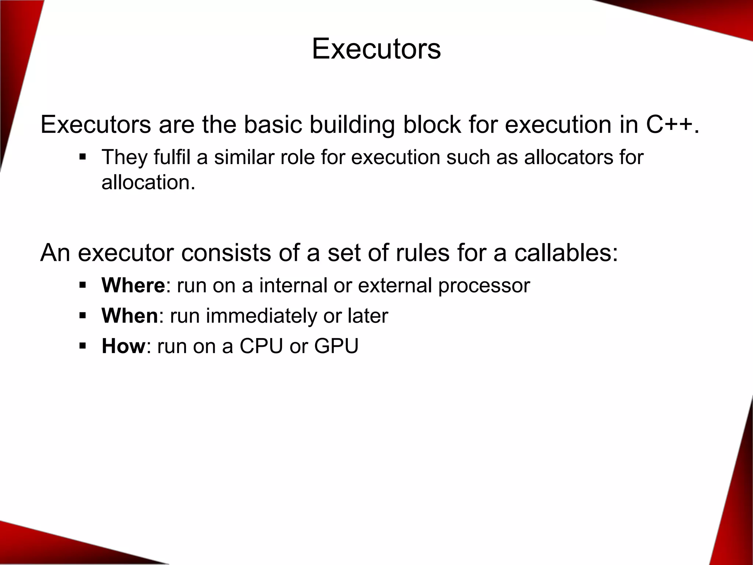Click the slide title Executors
[x=376, y=49]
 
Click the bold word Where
[x=133, y=285]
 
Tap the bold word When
[x=129, y=316]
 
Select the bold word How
[x=124, y=346]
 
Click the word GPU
[x=336, y=346]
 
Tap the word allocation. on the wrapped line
[x=148, y=182]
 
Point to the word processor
[x=484, y=286]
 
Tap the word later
[x=368, y=316]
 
